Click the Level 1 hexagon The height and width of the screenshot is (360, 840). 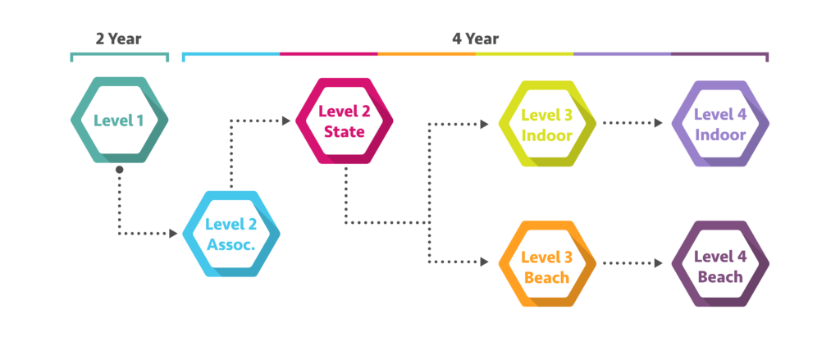119,121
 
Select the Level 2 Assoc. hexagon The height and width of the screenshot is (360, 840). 231,234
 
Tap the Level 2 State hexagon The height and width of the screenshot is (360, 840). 344,121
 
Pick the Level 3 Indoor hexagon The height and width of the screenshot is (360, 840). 548,124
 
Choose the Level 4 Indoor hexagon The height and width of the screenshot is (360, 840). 720,124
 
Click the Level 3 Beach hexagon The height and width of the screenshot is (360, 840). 547,264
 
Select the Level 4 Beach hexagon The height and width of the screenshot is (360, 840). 720,264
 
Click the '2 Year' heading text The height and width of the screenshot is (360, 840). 118,39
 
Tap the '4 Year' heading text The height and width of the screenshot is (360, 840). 475,39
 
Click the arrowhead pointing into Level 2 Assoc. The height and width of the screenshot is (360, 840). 174,234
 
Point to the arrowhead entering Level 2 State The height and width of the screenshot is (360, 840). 286,121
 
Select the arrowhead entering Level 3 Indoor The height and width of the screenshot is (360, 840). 484,125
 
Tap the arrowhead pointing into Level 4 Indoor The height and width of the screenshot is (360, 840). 659,124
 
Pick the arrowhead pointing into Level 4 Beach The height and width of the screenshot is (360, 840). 659,263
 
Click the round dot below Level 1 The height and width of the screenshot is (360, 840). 119,170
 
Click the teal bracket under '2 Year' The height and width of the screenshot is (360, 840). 120,56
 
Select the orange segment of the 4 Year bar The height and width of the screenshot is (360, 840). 427,55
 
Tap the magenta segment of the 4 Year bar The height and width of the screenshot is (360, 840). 328,55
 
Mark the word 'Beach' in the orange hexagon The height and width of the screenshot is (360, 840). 546,277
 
